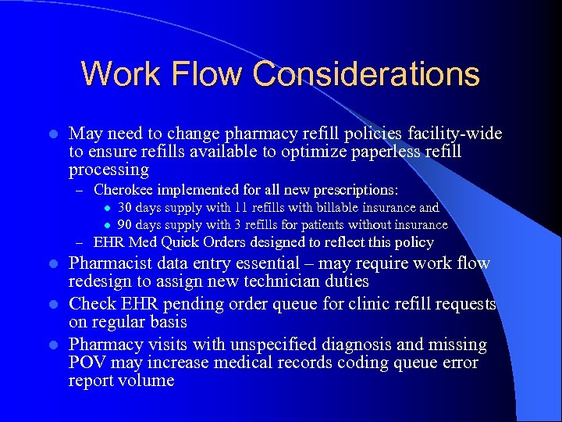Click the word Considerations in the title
tap(366, 74)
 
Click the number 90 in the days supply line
tap(125, 225)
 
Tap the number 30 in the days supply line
tap(125, 208)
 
